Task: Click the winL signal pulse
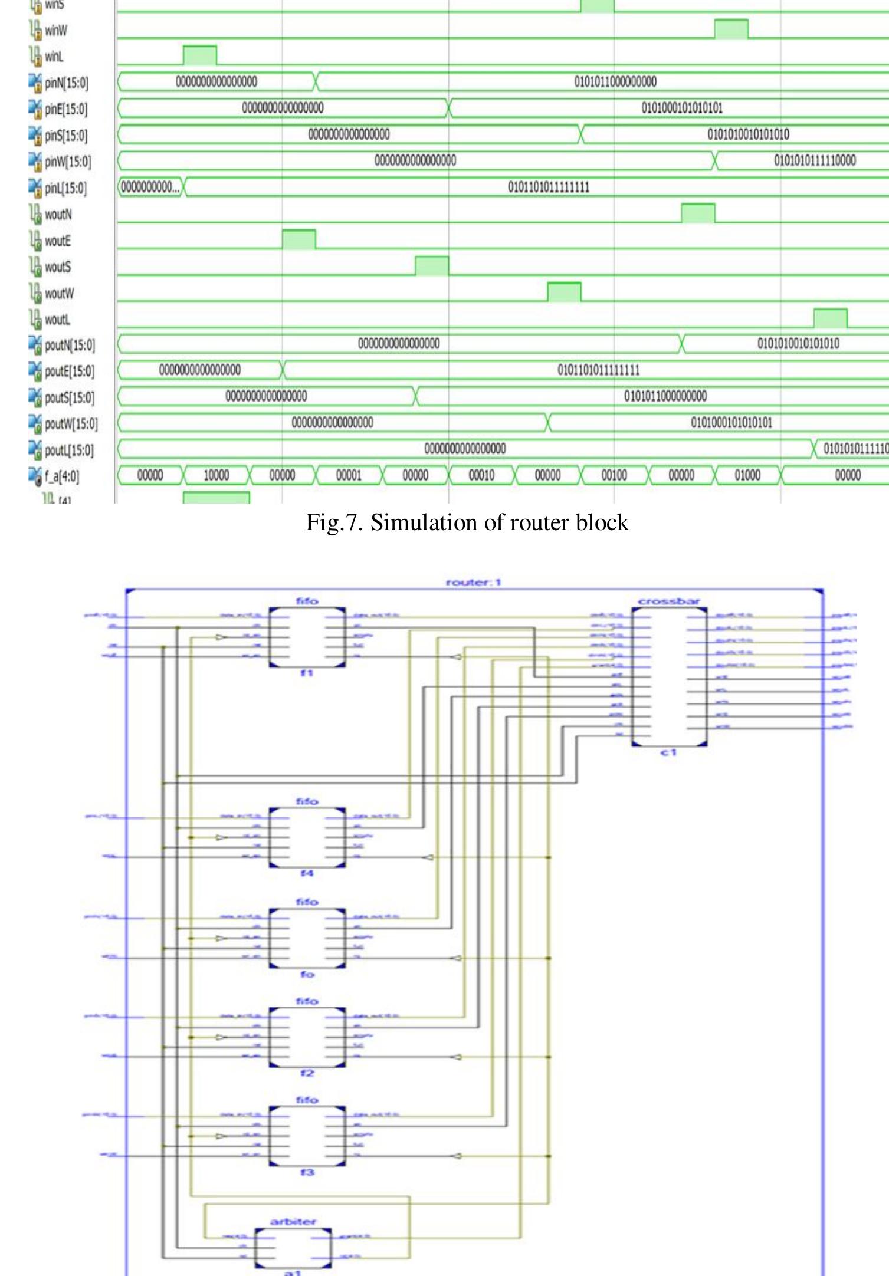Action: point(199,55)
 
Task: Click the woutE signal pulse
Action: point(298,239)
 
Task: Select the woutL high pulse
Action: point(830,318)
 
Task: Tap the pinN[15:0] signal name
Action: point(66,83)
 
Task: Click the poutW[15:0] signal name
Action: point(71,424)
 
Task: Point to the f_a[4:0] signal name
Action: point(61,476)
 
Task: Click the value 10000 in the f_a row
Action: point(216,475)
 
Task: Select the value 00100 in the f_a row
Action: point(614,475)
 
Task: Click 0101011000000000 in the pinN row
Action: point(615,82)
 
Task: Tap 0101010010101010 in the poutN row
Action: point(798,344)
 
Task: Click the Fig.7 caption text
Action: point(467,522)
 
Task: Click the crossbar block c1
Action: point(669,676)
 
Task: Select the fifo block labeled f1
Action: point(307,637)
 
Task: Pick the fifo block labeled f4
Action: point(307,837)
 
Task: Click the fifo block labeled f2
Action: point(307,1037)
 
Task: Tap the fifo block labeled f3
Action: point(307,1136)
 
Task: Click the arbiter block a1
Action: point(293,1248)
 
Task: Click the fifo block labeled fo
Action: point(307,938)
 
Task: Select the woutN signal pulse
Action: point(698,213)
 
